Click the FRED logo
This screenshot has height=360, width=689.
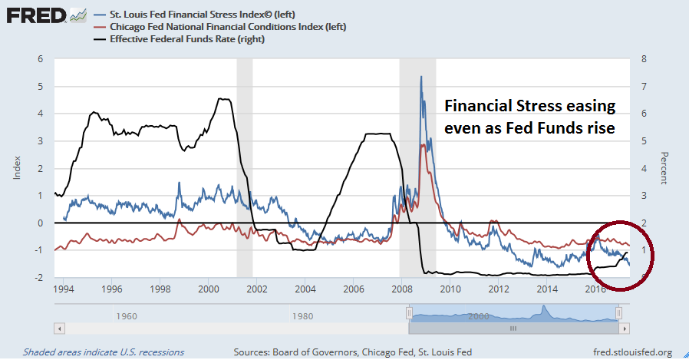coord(35,15)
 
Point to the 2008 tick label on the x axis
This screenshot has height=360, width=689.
coord(401,290)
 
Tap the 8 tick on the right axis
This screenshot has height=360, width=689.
coord(643,58)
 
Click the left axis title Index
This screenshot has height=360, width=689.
coord(15,168)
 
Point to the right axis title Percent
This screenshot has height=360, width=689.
coord(662,168)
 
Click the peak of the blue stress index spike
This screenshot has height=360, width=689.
coord(420,76)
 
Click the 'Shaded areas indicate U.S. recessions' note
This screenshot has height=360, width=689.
coord(104,352)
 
